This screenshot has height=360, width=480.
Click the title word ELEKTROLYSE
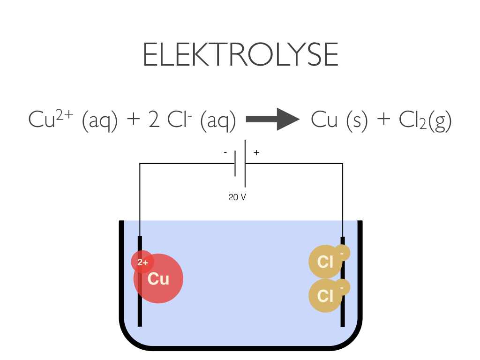[x=240, y=55]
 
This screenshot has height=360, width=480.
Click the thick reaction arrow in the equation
[x=272, y=119]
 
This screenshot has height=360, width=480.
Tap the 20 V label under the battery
[x=237, y=197]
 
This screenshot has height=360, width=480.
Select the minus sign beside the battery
[x=225, y=153]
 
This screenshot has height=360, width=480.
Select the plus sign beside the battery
[x=256, y=153]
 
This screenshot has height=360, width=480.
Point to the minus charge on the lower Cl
[x=342, y=287]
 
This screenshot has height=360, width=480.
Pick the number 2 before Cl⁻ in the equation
[x=154, y=120]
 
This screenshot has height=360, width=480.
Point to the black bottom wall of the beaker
[x=240, y=348]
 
